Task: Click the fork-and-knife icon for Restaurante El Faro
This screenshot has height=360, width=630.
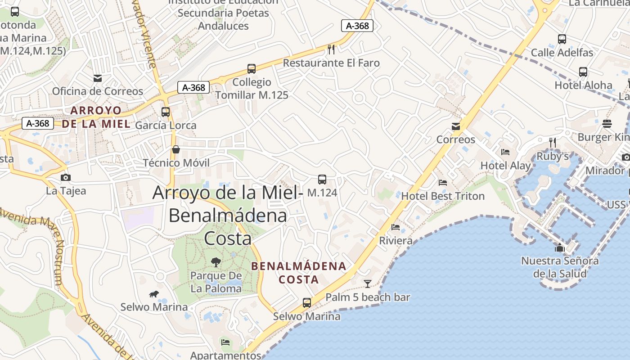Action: pos(331,49)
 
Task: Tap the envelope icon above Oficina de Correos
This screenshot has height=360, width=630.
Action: pos(97,78)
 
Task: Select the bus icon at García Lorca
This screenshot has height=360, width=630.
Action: pos(166,112)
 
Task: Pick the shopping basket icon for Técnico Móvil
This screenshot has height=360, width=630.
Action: pos(176,149)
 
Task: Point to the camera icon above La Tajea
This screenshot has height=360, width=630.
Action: pos(66,177)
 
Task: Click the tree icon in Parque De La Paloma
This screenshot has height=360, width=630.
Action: pos(216,262)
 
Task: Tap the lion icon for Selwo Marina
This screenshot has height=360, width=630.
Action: pos(154,294)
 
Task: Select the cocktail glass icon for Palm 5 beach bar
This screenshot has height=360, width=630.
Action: pos(368,283)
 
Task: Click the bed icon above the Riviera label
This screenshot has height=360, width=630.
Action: pos(396,227)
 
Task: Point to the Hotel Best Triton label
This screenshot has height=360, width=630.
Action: pos(443,196)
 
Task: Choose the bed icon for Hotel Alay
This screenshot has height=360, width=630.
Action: pos(505,152)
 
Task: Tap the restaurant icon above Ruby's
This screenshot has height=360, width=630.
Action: pos(553,143)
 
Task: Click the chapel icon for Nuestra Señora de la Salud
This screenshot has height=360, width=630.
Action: pos(560,247)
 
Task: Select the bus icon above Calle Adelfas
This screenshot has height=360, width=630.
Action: pos(562,39)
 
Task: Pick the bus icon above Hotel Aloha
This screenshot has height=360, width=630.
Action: pos(583,72)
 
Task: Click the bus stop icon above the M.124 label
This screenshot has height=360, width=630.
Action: pos(322,180)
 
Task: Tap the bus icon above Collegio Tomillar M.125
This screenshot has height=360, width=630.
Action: pos(252,69)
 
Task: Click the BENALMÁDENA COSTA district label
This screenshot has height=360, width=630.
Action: pos(299,273)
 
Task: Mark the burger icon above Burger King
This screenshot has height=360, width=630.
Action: pos(607,124)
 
